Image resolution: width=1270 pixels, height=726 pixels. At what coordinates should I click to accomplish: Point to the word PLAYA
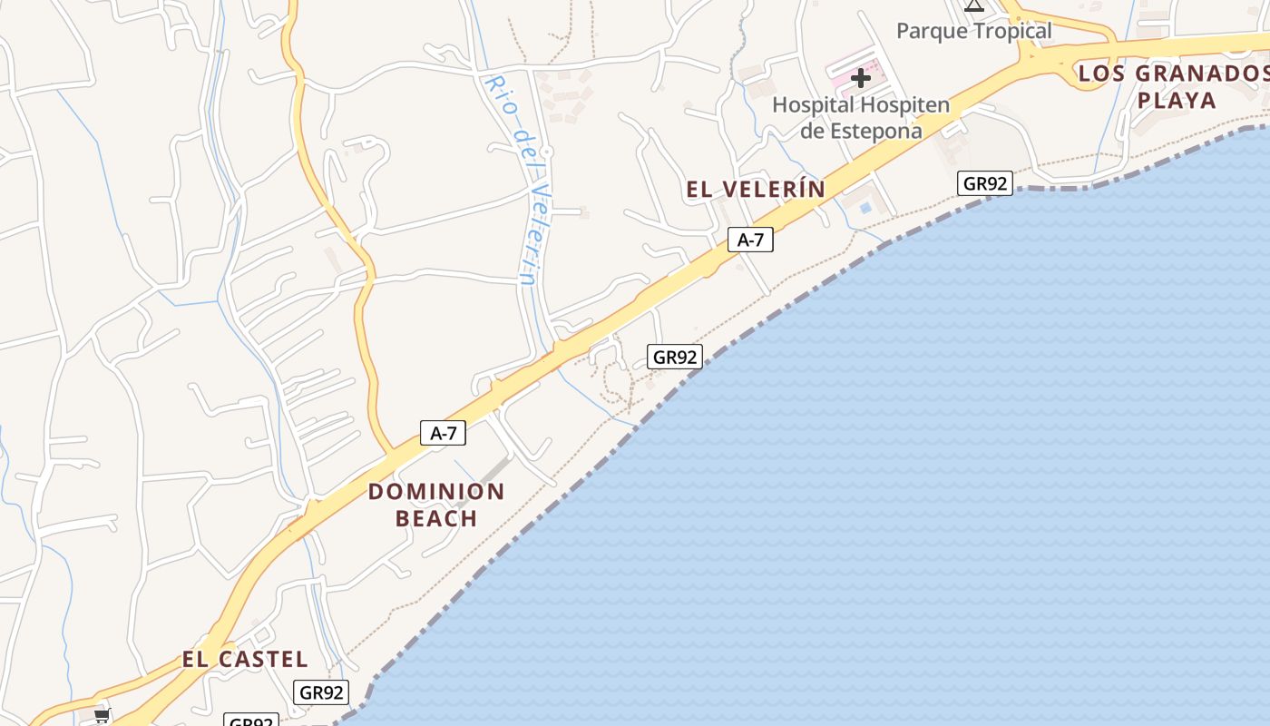(1177, 100)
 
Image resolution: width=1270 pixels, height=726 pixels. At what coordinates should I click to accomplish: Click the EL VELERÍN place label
(756, 189)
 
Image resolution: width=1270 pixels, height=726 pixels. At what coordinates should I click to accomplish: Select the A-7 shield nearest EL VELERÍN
(750, 240)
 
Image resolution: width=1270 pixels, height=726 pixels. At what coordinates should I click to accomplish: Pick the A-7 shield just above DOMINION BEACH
(443, 433)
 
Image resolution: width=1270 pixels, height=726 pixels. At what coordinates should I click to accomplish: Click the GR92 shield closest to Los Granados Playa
(985, 183)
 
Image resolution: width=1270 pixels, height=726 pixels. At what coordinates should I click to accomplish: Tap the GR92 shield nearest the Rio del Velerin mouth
(675, 357)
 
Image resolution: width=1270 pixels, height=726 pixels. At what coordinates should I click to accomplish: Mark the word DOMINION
(436, 492)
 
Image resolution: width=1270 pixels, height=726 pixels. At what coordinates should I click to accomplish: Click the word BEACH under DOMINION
(436, 518)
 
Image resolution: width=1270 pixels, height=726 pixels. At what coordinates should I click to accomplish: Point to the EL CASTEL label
(245, 659)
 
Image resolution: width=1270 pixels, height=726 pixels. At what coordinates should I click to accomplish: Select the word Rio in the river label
(498, 93)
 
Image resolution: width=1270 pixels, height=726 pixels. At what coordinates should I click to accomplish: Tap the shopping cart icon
(102, 716)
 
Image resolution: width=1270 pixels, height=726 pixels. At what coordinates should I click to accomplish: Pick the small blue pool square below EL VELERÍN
(865, 208)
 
